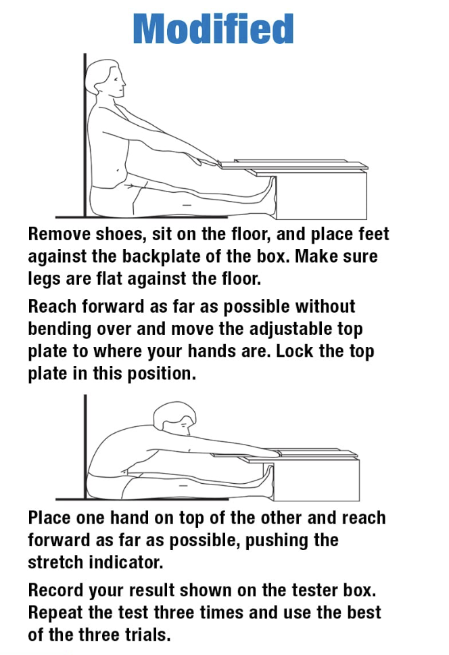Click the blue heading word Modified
[213, 28]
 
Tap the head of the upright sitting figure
[105, 81]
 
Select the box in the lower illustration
[316, 480]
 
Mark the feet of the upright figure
[267, 196]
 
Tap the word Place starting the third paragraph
[49, 518]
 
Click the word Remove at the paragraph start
[60, 234]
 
